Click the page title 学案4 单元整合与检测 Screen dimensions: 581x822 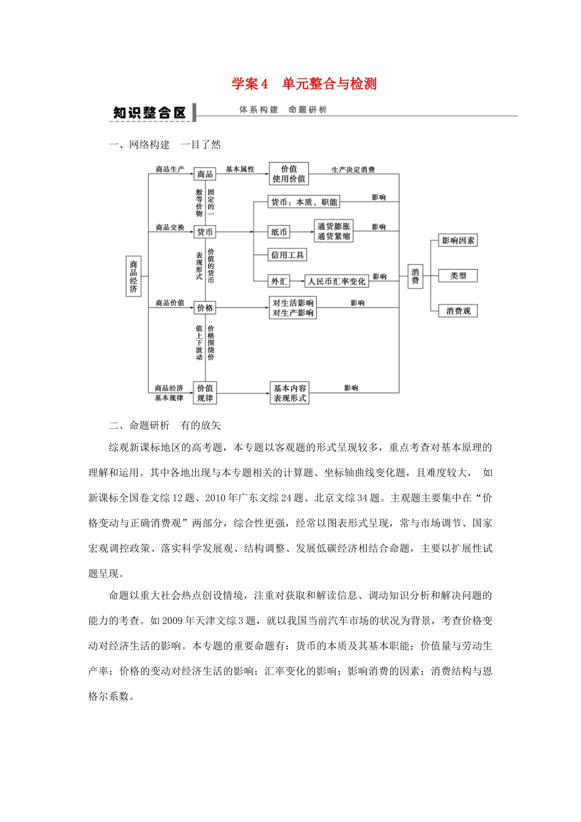304,84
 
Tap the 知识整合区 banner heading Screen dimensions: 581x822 149,113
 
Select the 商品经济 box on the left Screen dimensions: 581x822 133,276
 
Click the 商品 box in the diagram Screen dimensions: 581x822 205,174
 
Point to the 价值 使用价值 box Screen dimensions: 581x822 289,174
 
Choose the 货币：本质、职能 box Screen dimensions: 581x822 303,202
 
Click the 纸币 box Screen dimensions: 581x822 279,232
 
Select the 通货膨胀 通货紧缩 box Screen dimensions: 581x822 333,231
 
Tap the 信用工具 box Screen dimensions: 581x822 287,255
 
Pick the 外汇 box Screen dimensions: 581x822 279,281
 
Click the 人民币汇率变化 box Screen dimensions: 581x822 336,281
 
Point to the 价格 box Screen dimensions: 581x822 205,308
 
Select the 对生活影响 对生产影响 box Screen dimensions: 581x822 293,308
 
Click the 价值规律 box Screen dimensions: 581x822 205,393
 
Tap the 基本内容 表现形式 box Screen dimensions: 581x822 290,393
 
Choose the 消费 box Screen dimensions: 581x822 415,276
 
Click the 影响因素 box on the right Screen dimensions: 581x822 458,240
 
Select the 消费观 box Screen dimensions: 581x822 458,311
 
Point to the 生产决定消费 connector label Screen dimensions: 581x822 353,169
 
